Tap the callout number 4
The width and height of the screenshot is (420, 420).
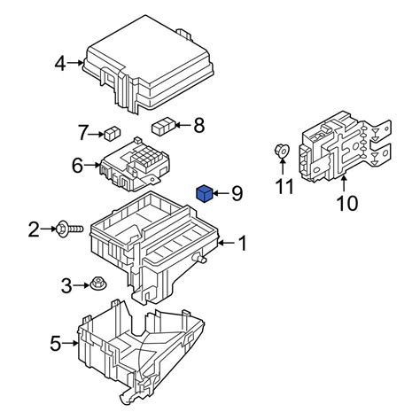[60, 63]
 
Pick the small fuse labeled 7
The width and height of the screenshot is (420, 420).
[113, 134]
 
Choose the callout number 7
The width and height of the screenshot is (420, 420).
[84, 134]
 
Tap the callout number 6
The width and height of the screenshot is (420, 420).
[77, 166]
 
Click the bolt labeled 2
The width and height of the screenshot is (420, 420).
[72, 229]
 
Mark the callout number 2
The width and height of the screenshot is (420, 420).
[34, 230]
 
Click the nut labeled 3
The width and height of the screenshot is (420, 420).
[96, 285]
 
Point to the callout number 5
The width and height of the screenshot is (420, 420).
[56, 343]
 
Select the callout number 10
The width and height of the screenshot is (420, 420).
[346, 203]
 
